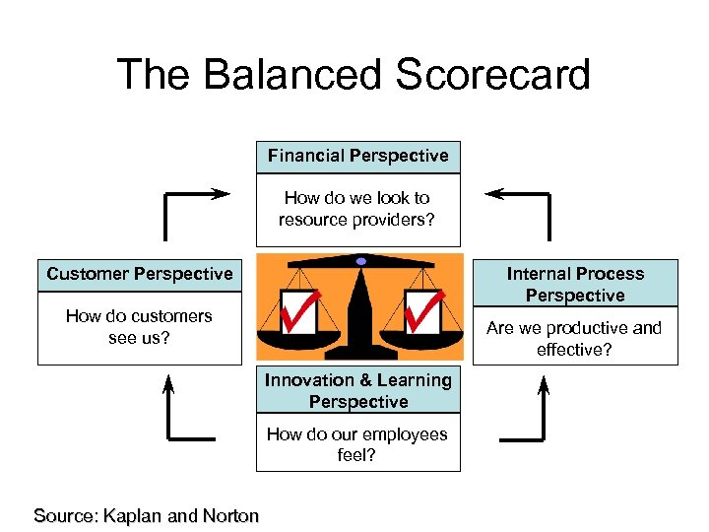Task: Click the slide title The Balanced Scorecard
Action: pyautogui.click(x=354, y=75)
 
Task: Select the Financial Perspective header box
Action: pyautogui.click(x=358, y=156)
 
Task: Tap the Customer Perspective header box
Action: pyautogui.click(x=140, y=274)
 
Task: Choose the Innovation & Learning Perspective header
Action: pyautogui.click(x=358, y=391)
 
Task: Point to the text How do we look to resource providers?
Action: pyautogui.click(x=358, y=209)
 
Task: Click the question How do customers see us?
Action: pyautogui.click(x=139, y=327)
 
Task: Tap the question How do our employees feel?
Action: pyautogui.click(x=357, y=444)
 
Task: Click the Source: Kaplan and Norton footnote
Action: pyautogui.click(x=147, y=515)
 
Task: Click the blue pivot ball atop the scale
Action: pyautogui.click(x=361, y=261)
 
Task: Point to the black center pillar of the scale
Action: pyautogui.click(x=359, y=315)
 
